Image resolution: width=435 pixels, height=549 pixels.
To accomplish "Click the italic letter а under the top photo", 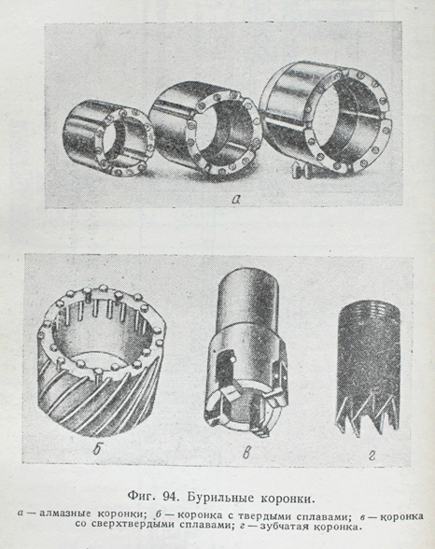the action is [x=236, y=199].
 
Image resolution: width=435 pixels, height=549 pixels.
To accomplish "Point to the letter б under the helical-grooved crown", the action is [x=97, y=450].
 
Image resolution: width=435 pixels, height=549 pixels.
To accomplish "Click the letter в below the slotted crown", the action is [x=246, y=453].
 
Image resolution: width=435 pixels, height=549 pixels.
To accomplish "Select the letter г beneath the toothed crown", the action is [x=372, y=456].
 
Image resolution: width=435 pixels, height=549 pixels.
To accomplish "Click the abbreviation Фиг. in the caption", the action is [x=143, y=498].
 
